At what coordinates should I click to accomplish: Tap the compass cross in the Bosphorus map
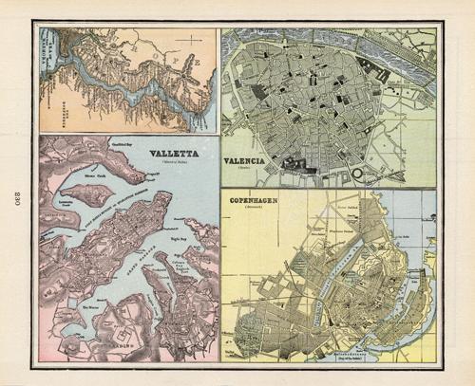click(193, 40)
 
